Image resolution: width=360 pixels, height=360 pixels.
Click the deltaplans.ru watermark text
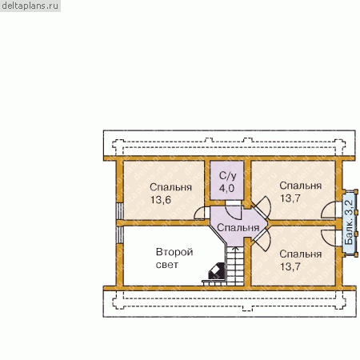point(30,6)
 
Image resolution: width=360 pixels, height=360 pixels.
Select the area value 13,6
point(161,200)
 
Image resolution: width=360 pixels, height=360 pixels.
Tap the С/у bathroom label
point(227,176)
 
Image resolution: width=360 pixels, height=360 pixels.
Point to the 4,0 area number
point(226,188)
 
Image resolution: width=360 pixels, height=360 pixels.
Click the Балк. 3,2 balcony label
point(349,222)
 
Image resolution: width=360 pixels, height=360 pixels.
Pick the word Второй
point(174,252)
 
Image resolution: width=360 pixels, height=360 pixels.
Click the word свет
point(166,265)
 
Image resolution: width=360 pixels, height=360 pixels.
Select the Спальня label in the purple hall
point(238,227)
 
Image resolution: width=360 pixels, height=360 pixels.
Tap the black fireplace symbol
point(217,271)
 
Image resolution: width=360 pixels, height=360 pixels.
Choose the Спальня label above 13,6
point(170,187)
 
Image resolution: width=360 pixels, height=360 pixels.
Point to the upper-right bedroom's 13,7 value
point(290,198)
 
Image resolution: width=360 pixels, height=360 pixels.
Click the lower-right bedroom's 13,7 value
point(290,266)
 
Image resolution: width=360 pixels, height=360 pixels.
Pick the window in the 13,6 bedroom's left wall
point(120,211)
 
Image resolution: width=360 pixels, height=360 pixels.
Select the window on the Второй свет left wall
point(120,234)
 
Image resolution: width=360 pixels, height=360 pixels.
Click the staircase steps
point(235,266)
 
